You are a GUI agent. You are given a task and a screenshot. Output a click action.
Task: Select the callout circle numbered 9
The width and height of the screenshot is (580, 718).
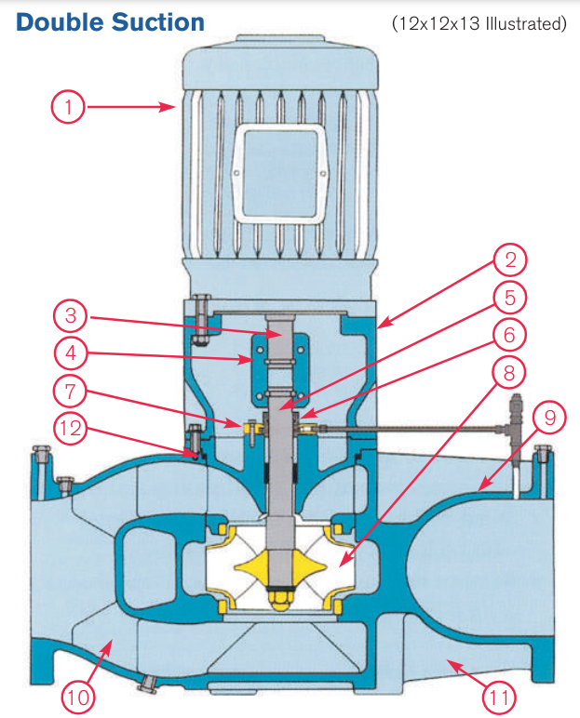click(x=548, y=419)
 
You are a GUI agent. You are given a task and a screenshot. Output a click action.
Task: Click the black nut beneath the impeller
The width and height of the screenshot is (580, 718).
click(x=279, y=592)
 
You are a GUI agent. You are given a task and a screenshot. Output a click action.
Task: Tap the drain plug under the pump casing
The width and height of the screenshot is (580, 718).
click(x=146, y=685)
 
